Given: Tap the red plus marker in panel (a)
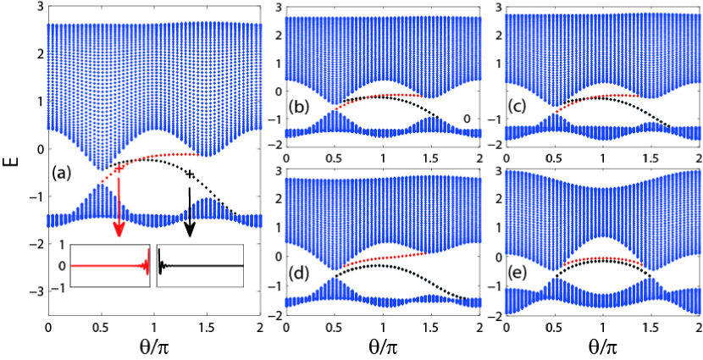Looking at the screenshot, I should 119,169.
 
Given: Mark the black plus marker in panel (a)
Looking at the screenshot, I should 190,174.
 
